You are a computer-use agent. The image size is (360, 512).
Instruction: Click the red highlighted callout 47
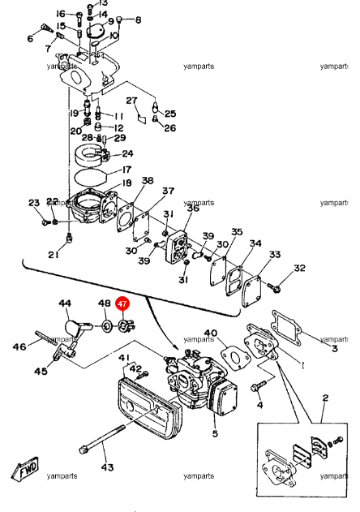pos(122,304)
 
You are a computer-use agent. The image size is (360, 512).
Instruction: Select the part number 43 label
pos(107,467)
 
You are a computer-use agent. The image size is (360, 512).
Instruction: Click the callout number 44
pos(65,303)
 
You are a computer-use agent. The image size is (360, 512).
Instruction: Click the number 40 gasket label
pos(211,333)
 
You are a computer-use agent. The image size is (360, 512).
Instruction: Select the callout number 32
pos(299,269)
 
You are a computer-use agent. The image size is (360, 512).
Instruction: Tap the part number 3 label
pos(333,348)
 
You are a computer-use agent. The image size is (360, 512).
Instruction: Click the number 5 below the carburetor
pos(215,434)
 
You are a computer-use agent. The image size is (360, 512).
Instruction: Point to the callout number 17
pos(126,170)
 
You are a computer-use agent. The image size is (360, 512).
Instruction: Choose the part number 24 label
pos(128,153)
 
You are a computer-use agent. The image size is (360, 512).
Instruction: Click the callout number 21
pos(53,255)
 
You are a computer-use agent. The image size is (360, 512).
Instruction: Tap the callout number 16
pos(61,14)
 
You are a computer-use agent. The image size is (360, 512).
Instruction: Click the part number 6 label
pos(31,39)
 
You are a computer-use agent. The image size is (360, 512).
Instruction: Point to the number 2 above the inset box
pos(325,398)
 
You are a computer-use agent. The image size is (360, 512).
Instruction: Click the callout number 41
pos(124,358)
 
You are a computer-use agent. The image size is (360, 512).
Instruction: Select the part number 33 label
pos(275,255)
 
